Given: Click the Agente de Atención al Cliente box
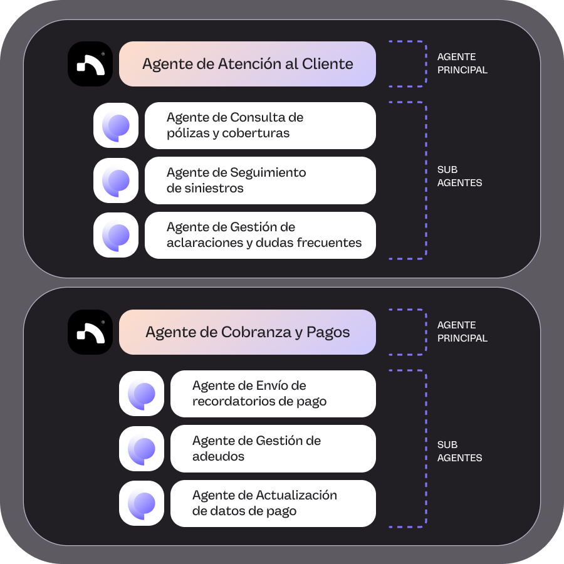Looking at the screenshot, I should pyautogui.click(x=247, y=64).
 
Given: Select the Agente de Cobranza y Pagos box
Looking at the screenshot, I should pyautogui.click(x=247, y=332).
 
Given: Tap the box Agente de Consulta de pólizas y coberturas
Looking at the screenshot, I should pyautogui.click(x=260, y=125).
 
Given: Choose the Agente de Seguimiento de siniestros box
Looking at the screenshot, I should pyautogui.click(x=260, y=180).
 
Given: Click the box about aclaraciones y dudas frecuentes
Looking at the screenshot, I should pyautogui.click(x=260, y=235).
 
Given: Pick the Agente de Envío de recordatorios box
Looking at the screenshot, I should pyautogui.click(x=273, y=394).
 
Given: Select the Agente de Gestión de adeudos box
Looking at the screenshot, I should pyautogui.click(x=273, y=449).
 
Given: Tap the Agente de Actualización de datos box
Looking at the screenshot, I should pyautogui.click(x=273, y=503).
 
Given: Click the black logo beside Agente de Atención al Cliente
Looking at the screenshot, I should pyautogui.click(x=90, y=64).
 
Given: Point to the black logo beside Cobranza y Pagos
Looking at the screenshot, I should pyautogui.click(x=90, y=332).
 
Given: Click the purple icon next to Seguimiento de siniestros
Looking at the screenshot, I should pyautogui.click(x=116, y=180).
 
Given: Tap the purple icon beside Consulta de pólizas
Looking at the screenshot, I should pyautogui.click(x=116, y=125).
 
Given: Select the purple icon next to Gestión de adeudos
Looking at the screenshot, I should pyautogui.click(x=142, y=449).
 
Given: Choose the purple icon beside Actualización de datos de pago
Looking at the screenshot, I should pyautogui.click(x=142, y=503).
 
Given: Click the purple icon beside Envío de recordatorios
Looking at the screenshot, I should pyautogui.click(x=142, y=394).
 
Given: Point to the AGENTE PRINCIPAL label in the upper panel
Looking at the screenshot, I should pyautogui.click(x=462, y=64).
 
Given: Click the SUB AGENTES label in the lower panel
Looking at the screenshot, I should pyautogui.click(x=459, y=451).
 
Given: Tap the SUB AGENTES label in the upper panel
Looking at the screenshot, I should pyautogui.click(x=459, y=177).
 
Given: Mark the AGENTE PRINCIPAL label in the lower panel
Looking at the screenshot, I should pyautogui.click(x=462, y=332).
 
